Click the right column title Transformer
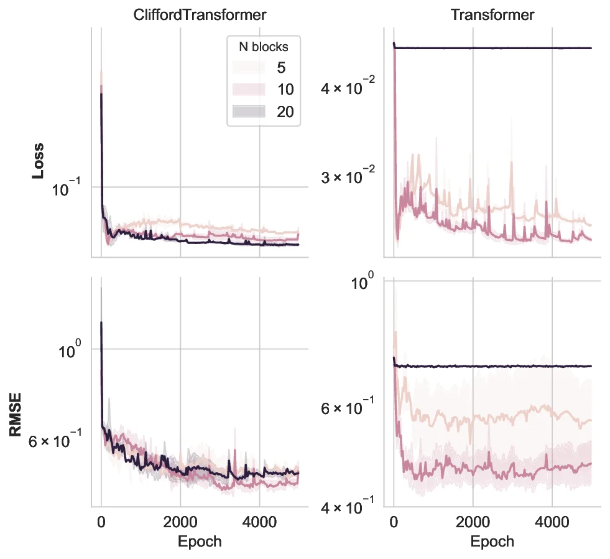[492, 15]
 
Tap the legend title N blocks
[264, 46]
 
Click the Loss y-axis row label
[37, 161]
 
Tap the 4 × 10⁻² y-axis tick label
[345, 89]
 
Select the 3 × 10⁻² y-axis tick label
[345, 178]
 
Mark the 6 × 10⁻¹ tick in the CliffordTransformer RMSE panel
[53, 443]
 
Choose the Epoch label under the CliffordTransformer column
[200, 541]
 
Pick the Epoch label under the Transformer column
[492, 541]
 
